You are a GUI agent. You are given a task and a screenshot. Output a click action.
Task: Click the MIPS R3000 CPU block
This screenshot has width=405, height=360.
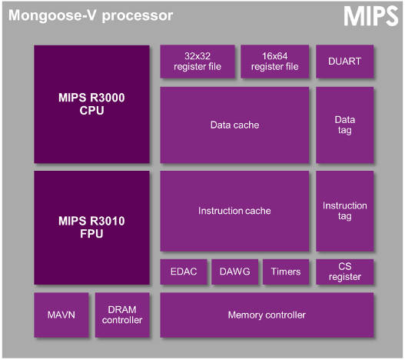pos(91,105)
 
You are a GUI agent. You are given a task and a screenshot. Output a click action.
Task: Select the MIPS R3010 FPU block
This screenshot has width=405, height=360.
pos(91,227)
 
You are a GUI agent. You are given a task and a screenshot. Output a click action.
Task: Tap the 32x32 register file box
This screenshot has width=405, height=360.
pos(197,62)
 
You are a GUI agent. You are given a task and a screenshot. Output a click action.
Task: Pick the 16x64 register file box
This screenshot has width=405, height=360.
pos(275,62)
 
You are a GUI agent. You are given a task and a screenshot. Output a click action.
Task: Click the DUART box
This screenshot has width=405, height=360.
pos(344,62)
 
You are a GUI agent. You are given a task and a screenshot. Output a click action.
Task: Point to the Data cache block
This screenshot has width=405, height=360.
pos(234,125)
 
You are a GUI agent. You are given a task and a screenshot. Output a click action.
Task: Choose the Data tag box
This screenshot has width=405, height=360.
pos(344,125)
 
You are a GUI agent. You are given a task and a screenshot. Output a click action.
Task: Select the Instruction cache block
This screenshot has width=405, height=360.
pos(234,211)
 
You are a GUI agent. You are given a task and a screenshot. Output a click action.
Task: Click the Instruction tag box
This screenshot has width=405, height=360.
pos(344,211)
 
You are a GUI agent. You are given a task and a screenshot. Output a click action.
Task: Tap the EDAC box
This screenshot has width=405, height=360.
pos(184,272)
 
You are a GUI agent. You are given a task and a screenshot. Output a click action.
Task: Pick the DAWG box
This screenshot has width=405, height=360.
pos(234,272)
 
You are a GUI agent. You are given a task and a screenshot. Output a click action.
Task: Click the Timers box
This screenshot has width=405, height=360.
pos(285,272)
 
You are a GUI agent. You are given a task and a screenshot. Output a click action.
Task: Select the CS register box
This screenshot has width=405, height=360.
pos(344,272)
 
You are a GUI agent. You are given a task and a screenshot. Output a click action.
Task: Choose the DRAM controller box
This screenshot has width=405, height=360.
pos(122,315)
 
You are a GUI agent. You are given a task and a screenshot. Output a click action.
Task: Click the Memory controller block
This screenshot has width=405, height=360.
pos(267,315)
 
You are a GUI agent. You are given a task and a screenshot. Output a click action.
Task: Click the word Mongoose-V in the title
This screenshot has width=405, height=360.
pos(45,15)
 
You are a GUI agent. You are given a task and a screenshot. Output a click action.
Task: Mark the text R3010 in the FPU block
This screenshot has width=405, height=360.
pos(105,221)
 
